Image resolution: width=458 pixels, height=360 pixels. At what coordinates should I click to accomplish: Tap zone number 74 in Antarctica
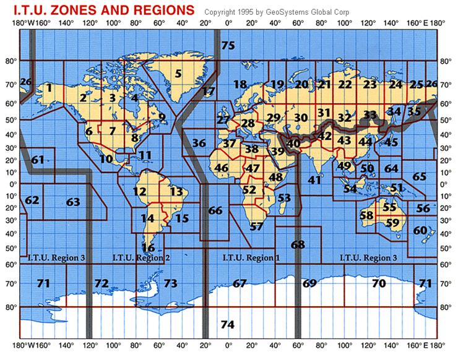click(228, 324)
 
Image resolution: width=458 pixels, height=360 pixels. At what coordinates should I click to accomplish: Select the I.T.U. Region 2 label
click(140, 257)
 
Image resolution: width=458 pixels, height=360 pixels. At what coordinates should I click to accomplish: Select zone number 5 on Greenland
click(178, 74)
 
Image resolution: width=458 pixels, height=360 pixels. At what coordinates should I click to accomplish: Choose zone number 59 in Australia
click(392, 223)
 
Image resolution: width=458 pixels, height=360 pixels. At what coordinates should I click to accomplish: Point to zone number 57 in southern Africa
click(256, 226)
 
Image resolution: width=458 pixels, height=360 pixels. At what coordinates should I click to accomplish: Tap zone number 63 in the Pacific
click(73, 202)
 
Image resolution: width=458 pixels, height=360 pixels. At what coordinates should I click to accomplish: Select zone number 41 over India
click(314, 180)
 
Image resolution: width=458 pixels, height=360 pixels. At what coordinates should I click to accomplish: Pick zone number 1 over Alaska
click(48, 88)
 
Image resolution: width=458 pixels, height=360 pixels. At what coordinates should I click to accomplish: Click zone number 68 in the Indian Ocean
click(298, 244)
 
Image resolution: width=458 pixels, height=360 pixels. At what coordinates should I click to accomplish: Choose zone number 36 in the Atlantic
click(199, 144)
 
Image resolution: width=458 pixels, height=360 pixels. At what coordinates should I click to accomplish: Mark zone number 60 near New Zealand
click(420, 231)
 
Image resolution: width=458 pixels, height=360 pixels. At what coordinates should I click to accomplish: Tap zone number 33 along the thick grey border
click(370, 114)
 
